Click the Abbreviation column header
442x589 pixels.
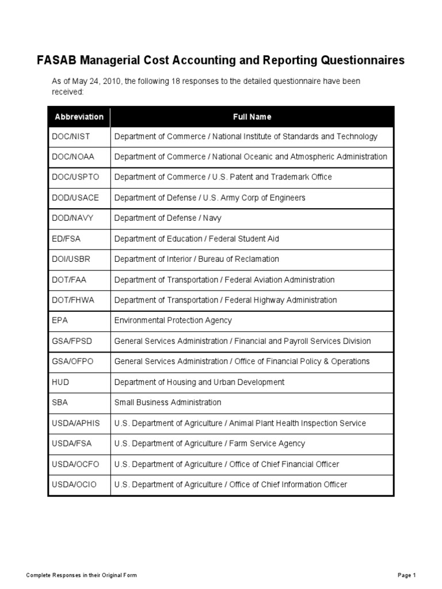click(x=79, y=117)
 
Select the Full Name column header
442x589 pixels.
click(x=252, y=117)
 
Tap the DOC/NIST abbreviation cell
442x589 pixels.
click(x=71, y=137)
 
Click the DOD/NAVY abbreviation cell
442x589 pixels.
click(x=72, y=219)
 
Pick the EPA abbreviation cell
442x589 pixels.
click(x=60, y=320)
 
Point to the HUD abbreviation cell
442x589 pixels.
click(x=60, y=382)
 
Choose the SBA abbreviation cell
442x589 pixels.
click(x=60, y=403)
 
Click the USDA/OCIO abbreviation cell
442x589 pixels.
click(x=74, y=484)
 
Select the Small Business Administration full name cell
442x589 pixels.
click(x=167, y=403)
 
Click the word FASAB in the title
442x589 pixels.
click(x=56, y=60)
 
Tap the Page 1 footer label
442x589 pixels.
click(x=406, y=575)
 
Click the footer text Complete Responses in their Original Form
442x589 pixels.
click(x=82, y=575)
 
